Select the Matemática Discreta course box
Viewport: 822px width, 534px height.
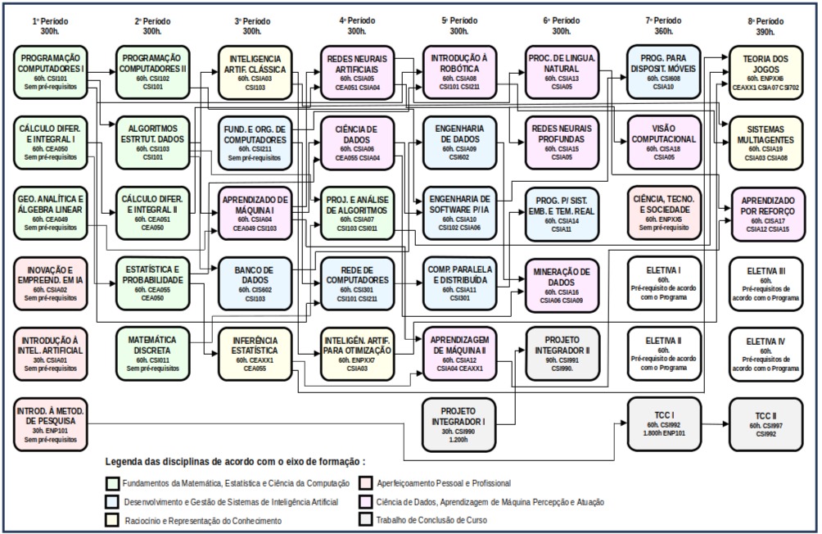pos(153,352)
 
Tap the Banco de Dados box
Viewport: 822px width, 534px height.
pos(255,282)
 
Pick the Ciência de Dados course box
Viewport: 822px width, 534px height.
pos(357,143)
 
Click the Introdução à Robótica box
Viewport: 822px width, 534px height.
pos(459,71)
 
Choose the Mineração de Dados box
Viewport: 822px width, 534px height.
pos(562,283)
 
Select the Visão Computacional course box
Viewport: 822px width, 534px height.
pos(664,143)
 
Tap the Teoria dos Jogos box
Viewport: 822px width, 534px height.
pos(766,71)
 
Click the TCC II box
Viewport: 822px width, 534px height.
pos(766,423)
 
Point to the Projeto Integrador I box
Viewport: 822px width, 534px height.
pos(459,423)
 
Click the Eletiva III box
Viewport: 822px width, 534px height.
pos(766,283)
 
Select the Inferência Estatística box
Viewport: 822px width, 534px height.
pos(255,352)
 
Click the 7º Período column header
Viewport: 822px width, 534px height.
pos(664,25)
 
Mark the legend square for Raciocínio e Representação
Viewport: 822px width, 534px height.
pos(111,520)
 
